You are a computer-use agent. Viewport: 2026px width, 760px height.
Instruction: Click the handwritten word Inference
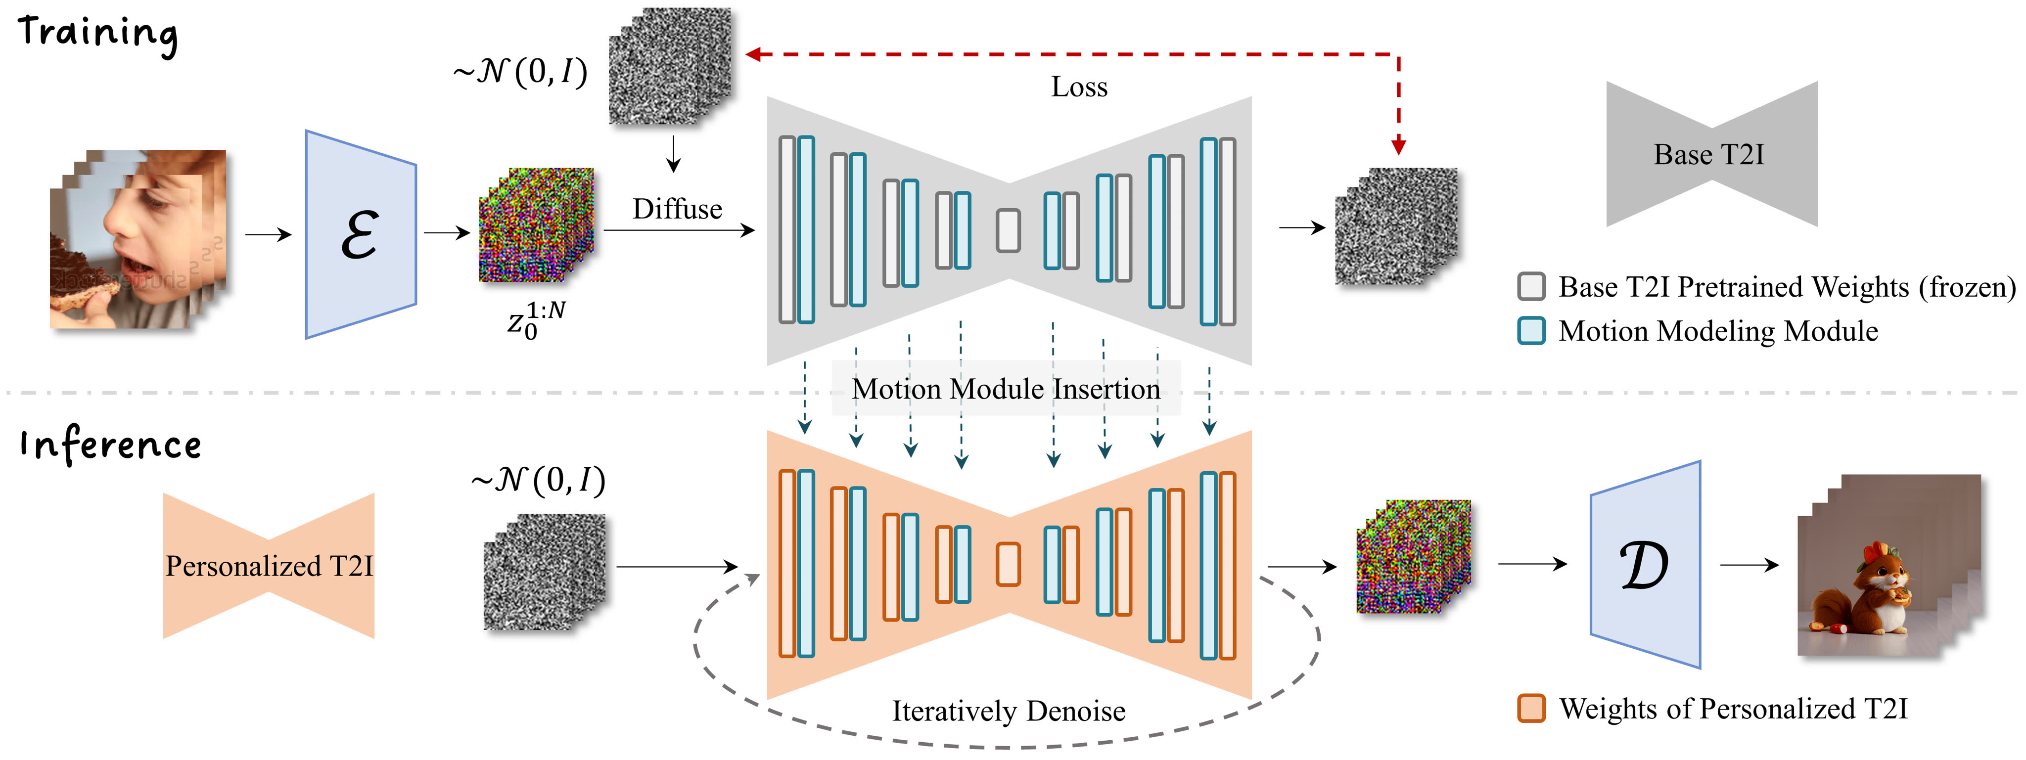[x=111, y=445]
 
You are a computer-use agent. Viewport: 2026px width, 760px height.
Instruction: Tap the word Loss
[x=1079, y=87]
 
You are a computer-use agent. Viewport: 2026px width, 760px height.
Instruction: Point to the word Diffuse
[x=677, y=209]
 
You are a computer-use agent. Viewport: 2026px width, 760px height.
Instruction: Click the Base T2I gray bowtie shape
[x=1710, y=154]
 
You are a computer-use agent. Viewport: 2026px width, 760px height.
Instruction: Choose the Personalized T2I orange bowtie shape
[x=268, y=566]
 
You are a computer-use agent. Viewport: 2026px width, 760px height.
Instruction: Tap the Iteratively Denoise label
[x=1008, y=711]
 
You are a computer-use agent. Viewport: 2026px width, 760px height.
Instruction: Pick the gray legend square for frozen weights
[x=1530, y=287]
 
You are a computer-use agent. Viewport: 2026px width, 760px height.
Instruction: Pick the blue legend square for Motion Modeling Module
[x=1530, y=331]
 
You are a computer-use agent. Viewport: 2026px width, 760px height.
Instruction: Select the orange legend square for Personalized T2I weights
[x=1530, y=708]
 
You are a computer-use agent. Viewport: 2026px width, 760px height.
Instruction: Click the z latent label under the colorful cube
[x=535, y=320]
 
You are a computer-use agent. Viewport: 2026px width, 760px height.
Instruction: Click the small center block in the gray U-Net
[x=1008, y=230]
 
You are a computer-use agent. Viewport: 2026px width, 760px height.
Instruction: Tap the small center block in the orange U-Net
[x=1008, y=564]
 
